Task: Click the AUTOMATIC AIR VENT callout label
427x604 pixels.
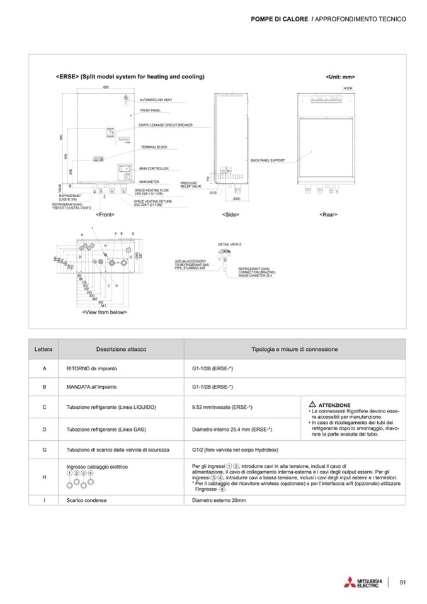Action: click(156, 100)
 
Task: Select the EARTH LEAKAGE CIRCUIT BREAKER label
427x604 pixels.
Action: click(165, 125)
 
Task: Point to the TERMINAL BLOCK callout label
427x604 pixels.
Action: click(153, 147)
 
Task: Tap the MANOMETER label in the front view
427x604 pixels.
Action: click(150, 181)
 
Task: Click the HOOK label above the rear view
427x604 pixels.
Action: click(348, 88)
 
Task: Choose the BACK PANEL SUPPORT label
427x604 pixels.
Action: click(268, 160)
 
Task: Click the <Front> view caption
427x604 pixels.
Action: click(105, 215)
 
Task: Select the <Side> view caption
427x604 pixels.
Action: click(231, 215)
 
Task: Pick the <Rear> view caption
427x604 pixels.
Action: click(328, 215)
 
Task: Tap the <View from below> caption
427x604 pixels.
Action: click(105, 312)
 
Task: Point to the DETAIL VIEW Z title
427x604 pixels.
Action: click(230, 243)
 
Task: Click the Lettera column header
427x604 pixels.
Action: click(44, 349)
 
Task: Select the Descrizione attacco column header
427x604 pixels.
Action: click(117, 349)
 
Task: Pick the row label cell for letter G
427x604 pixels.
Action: click(44, 450)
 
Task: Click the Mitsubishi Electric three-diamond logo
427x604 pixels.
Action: click(349, 583)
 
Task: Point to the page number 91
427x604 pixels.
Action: click(404, 582)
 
